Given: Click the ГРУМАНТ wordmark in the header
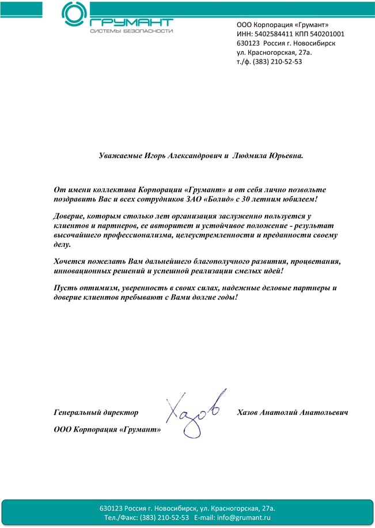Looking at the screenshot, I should point(131,21).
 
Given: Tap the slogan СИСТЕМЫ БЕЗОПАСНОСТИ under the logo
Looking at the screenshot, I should point(131,31).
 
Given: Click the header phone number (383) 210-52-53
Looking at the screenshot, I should point(277,62).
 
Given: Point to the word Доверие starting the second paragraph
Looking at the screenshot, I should point(70,216).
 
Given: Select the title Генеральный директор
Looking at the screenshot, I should point(96,413).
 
